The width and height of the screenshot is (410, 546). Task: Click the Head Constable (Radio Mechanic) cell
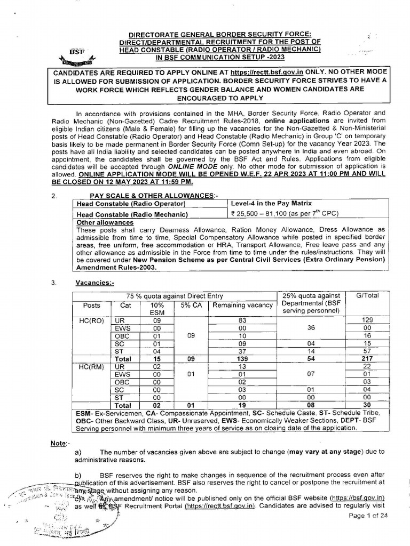pyautogui.click(x=131, y=214)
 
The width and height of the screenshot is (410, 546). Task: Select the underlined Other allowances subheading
pyautogui.click(x=98, y=222)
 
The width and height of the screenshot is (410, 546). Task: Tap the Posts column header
pyautogui.click(x=91, y=305)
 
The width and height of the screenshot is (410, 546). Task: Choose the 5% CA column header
pyautogui.click(x=190, y=305)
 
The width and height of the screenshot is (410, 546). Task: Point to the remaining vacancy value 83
pyautogui.click(x=242, y=320)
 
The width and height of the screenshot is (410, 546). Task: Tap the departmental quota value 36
pyautogui.click(x=312, y=328)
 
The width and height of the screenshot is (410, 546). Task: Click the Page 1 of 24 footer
pyautogui.click(x=368, y=515)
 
